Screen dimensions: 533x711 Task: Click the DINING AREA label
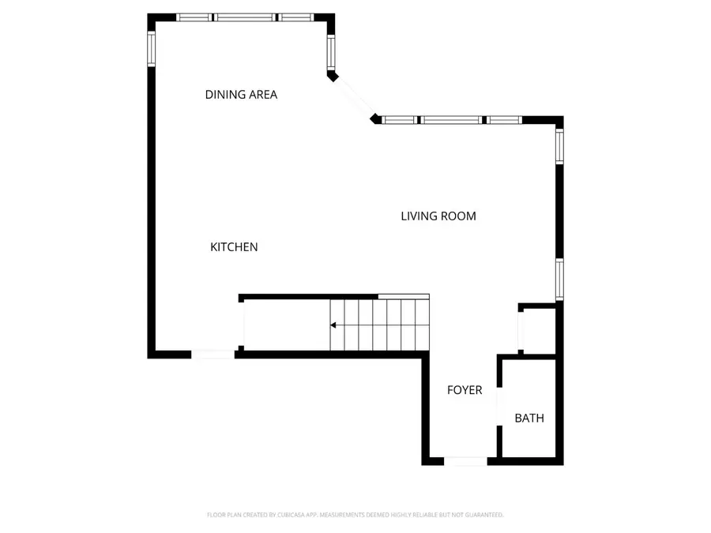click(x=241, y=95)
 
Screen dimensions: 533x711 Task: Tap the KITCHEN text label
click(x=234, y=247)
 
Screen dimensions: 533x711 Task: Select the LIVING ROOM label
click(x=438, y=216)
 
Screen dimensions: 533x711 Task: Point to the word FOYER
click(x=465, y=390)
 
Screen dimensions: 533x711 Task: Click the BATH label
click(x=529, y=419)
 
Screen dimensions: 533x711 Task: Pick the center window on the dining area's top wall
click(x=245, y=17)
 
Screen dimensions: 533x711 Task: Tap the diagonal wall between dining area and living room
click(x=354, y=98)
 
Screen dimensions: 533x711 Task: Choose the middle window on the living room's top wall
click(x=451, y=120)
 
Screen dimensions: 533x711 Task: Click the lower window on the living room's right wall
click(x=559, y=280)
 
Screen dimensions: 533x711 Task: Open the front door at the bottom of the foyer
click(x=466, y=461)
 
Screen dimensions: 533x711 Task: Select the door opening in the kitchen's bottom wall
click(x=213, y=355)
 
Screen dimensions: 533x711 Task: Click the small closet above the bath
click(x=540, y=330)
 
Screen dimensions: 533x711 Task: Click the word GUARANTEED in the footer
click(x=483, y=515)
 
